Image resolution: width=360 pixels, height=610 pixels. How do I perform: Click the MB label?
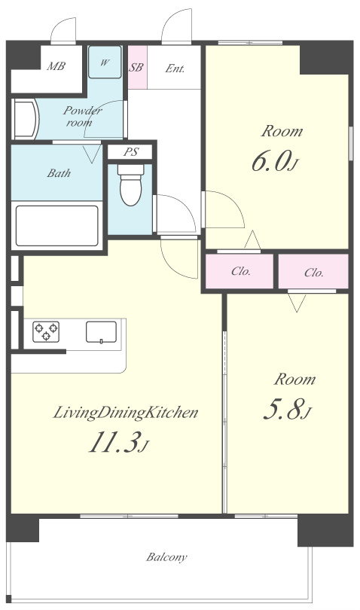[x=56, y=66]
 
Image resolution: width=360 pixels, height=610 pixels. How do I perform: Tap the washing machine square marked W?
[x=105, y=63]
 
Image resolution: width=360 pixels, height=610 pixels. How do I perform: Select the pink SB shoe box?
[x=137, y=67]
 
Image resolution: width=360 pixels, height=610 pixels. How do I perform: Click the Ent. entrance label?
[x=175, y=69]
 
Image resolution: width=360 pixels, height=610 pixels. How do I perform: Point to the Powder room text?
[x=81, y=116]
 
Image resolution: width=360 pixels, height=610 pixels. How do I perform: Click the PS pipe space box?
[x=130, y=151]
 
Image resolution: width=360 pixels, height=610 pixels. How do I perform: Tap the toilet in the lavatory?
[x=131, y=185]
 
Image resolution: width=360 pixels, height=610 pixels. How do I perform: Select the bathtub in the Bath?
[x=56, y=226]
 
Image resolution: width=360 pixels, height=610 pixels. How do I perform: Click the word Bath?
[x=59, y=172]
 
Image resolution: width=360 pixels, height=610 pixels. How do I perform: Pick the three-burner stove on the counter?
[x=46, y=331]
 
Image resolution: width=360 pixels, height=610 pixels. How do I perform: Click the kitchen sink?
[x=101, y=332]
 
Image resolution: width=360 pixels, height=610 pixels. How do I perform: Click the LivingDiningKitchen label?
[x=125, y=413]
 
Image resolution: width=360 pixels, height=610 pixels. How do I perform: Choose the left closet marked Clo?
[x=239, y=271]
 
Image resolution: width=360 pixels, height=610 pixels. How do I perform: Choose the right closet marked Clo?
[x=313, y=272]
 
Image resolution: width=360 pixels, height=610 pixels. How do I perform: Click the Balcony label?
[x=166, y=557]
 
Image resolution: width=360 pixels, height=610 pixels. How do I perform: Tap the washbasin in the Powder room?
[x=26, y=119]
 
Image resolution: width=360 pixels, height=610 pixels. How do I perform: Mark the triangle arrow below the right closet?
[x=297, y=303]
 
